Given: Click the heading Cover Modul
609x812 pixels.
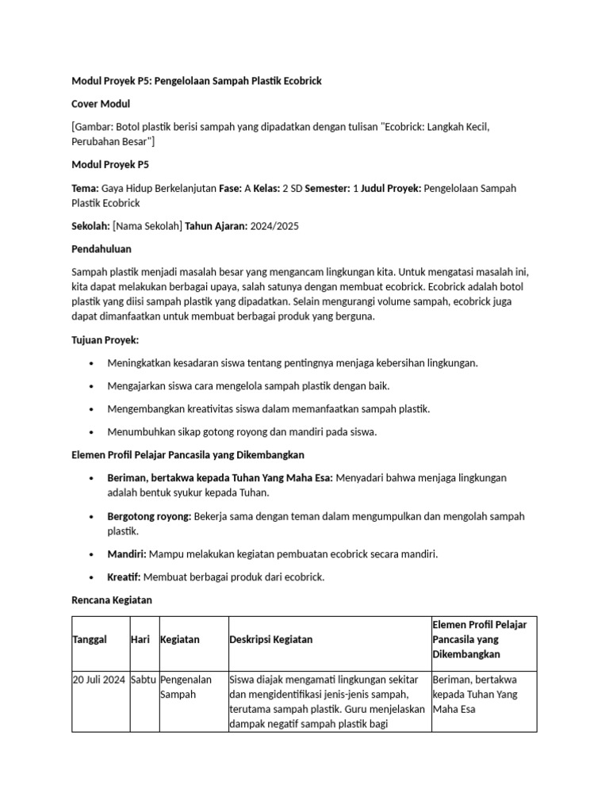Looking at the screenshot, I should [101, 104].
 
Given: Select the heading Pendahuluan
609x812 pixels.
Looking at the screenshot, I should [101, 249].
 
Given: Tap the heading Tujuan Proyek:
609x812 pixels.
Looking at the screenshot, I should [105, 339].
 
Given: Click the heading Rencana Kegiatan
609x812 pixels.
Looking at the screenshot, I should [111, 600].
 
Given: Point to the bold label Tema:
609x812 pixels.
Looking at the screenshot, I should [85, 188].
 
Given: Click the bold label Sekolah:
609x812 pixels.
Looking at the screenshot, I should [90, 226].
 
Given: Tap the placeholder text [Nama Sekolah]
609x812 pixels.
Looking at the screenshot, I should [147, 226].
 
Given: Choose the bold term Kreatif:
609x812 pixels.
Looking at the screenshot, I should [124, 576].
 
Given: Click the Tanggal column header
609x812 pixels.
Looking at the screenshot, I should [90, 639].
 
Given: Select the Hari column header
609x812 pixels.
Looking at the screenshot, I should [141, 639].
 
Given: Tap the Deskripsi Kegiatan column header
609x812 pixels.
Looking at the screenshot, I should [270, 639].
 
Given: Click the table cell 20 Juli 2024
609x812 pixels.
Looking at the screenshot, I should [99, 680].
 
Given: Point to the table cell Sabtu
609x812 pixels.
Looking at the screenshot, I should [144, 680].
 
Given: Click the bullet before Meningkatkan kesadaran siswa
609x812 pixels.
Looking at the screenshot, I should [92, 363].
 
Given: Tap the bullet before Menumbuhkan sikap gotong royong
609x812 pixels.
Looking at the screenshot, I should [92, 432].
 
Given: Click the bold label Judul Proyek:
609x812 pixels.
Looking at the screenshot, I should [391, 188].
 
